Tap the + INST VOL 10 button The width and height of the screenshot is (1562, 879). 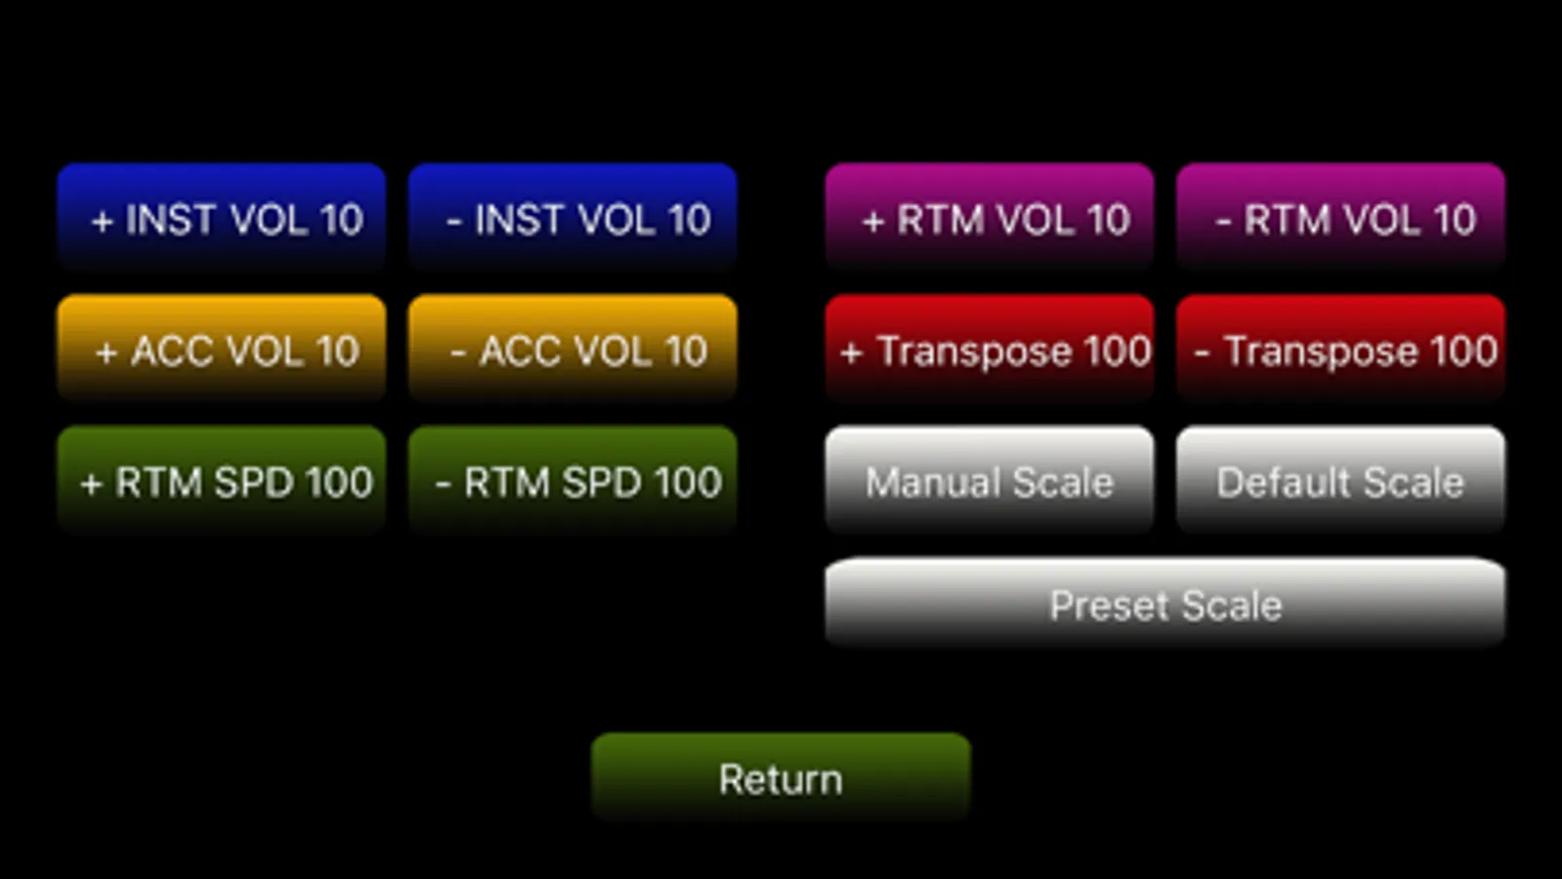point(222,217)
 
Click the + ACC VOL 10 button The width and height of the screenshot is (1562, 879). point(222,348)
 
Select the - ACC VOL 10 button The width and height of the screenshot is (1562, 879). point(572,348)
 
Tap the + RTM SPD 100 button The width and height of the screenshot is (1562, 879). point(222,479)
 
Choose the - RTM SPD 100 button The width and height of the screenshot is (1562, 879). point(572,479)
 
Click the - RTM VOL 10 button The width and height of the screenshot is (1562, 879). point(1340,217)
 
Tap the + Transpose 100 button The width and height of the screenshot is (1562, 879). point(990,348)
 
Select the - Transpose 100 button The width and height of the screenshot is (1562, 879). point(1340,348)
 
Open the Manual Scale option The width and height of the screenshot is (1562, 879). point(990,479)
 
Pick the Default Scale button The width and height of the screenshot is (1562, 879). point(1340,479)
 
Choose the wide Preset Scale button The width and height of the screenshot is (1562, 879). point(1165,603)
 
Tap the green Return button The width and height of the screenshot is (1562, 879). point(781,776)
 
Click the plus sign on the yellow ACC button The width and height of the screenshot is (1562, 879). point(106,353)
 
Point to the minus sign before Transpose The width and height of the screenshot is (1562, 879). point(1202,353)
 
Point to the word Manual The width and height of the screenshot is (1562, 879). point(933,481)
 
